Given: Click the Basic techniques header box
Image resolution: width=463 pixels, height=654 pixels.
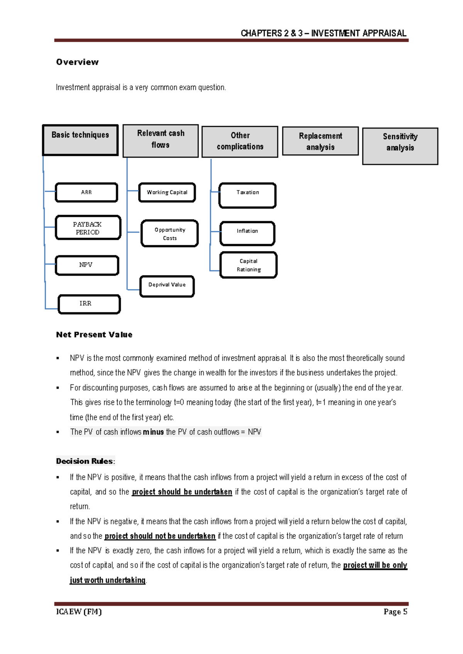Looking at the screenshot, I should pyautogui.click(x=80, y=140).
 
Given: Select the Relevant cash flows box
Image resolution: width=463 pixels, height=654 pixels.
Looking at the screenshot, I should pyautogui.click(x=161, y=141).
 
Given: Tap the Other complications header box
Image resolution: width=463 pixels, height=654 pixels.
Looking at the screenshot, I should pyautogui.click(x=240, y=142).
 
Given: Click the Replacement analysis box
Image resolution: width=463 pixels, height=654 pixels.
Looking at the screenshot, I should pyautogui.click(x=320, y=141).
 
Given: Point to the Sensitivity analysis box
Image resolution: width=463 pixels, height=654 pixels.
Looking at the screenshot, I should pyautogui.click(x=400, y=146).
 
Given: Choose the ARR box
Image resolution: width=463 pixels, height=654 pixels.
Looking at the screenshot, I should pyautogui.click(x=86, y=192).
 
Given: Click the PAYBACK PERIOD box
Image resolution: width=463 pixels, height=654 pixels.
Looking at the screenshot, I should pyautogui.click(x=88, y=228).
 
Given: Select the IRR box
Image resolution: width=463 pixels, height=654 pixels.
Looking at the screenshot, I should pyautogui.click(x=89, y=304).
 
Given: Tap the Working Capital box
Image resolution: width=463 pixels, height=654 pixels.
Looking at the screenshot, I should pyautogui.click(x=167, y=192).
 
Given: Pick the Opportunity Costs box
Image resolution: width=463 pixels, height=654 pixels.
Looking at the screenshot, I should pyautogui.click(x=170, y=234).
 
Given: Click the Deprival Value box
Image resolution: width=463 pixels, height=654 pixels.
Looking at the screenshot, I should pyautogui.click(x=167, y=286).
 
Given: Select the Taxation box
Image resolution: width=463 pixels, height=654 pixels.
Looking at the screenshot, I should pyautogui.click(x=247, y=196).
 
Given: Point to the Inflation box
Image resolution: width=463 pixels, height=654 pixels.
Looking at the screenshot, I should pyautogui.click(x=247, y=233).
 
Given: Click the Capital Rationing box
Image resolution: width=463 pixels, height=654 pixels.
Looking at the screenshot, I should pyautogui.click(x=248, y=265).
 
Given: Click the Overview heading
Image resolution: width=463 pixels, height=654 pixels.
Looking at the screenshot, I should pyautogui.click(x=77, y=62).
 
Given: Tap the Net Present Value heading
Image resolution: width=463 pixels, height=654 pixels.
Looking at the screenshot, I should pyautogui.click(x=94, y=335).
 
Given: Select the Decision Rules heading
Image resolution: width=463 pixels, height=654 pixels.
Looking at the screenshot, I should pyautogui.click(x=85, y=461).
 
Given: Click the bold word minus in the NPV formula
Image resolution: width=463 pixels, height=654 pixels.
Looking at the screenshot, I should pyautogui.click(x=153, y=432).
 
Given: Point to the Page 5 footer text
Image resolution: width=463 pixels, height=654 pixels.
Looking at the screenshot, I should pyautogui.click(x=395, y=612).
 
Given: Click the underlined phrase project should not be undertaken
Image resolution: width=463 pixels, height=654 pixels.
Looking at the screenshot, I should pyautogui.click(x=160, y=536).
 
